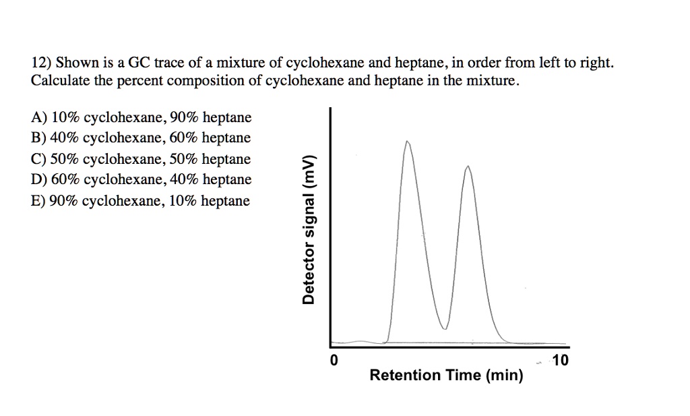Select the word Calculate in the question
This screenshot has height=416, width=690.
59,82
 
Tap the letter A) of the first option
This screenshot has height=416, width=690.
39,118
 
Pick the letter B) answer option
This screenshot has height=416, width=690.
39,138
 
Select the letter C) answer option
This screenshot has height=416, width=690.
39,160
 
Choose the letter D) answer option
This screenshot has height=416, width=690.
39,180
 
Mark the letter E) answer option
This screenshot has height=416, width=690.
39,201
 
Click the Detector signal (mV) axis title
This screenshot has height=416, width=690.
309,229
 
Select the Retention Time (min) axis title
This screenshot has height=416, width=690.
446,376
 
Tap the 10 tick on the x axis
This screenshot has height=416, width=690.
561,361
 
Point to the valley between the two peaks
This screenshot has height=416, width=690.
443,328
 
